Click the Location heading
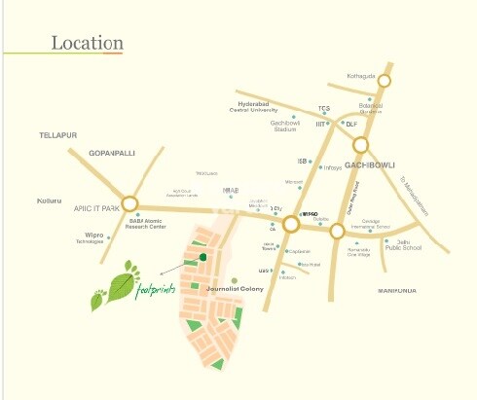click(87, 44)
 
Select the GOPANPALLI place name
click(110, 154)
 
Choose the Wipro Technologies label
click(116, 238)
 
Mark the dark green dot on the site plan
click(202, 258)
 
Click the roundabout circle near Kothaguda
click(385, 82)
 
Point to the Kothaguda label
click(361, 74)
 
